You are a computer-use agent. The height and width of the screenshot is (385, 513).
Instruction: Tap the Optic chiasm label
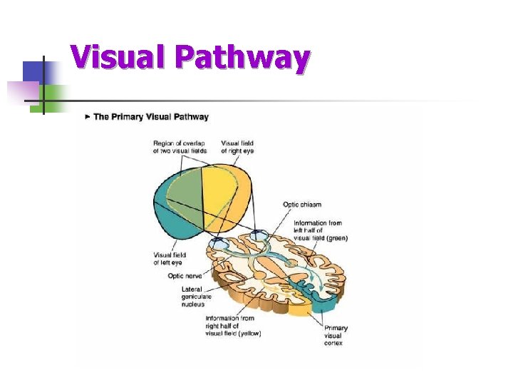pos(302,205)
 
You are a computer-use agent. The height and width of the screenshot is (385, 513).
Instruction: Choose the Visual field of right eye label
pos(237,147)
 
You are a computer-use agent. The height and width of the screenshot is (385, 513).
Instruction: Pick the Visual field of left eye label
pos(170,259)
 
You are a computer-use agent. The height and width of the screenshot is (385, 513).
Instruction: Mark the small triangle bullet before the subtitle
pos(88,117)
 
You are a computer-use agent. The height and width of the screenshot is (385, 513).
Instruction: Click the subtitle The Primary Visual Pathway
pos(150,117)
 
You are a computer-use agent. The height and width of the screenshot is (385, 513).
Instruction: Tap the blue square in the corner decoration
pos(33,72)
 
